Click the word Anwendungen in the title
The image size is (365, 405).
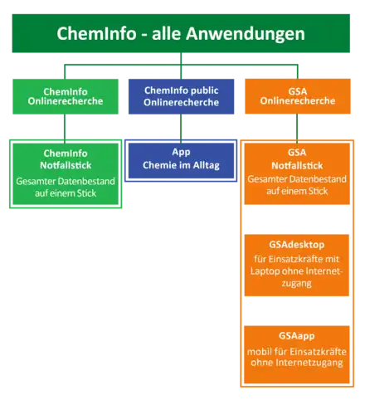pyautogui.click(x=246, y=34)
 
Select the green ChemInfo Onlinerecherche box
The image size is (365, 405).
pyautogui.click(x=66, y=96)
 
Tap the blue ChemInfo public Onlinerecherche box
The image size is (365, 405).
pyautogui.click(x=181, y=96)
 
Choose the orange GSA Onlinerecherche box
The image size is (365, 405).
pyautogui.click(x=298, y=96)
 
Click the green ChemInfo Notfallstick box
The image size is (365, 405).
pyautogui.click(x=66, y=174)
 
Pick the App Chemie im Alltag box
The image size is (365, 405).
pyautogui.click(x=181, y=160)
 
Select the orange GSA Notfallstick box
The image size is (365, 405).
pyautogui.click(x=297, y=173)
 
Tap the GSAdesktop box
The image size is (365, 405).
pyautogui.click(x=297, y=266)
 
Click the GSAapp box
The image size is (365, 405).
pyautogui.click(x=297, y=354)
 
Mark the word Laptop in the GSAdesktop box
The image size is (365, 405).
pyautogui.click(x=264, y=271)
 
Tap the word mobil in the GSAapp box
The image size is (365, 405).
pyautogui.click(x=256, y=352)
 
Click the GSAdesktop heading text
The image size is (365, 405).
pyautogui.click(x=297, y=245)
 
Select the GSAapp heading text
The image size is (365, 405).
pyautogui.click(x=297, y=336)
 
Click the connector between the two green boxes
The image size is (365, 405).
pyautogui.click(x=65, y=129)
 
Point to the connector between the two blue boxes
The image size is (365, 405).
pyautogui.click(x=181, y=129)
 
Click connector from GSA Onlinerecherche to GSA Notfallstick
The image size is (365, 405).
pyautogui.click(x=297, y=129)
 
